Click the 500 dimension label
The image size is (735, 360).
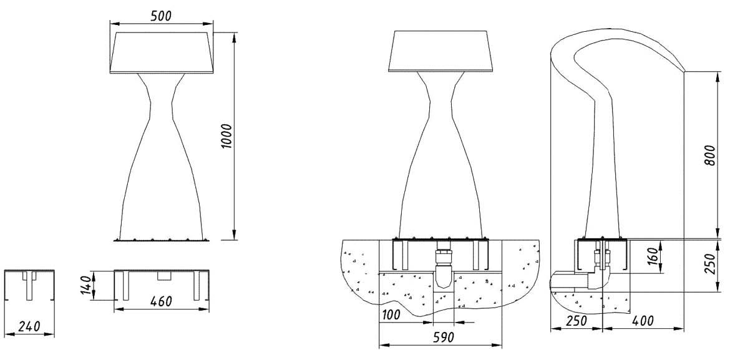click(x=161, y=16)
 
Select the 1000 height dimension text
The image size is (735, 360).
click(x=227, y=136)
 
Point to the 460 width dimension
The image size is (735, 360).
click(x=161, y=301)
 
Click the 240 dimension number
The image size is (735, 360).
click(x=29, y=325)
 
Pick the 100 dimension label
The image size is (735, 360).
click(x=391, y=314)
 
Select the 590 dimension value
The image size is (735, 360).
click(x=441, y=338)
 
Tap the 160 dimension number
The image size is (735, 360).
click(x=652, y=256)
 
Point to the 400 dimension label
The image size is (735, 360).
click(x=643, y=321)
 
